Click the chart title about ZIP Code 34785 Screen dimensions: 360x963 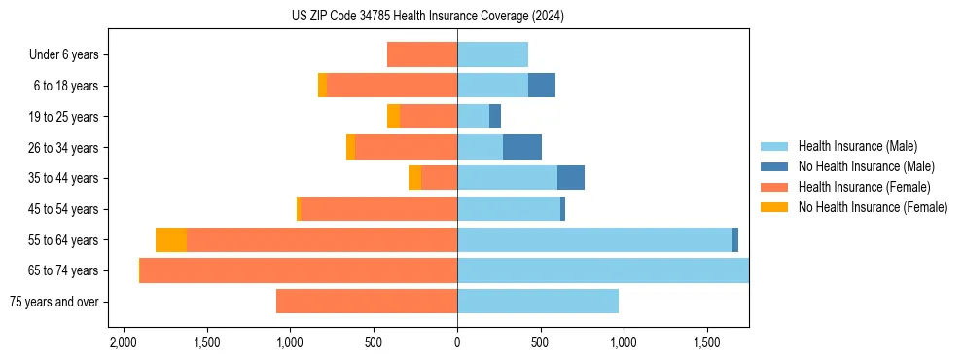point(427,16)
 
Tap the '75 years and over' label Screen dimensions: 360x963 point(53,302)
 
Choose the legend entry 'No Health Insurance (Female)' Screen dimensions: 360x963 point(873,207)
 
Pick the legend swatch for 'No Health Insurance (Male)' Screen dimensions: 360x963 point(774,166)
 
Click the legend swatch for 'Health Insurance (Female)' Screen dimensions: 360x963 point(774,187)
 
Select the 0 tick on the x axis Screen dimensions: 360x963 point(457,342)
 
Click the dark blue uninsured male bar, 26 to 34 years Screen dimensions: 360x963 point(522,147)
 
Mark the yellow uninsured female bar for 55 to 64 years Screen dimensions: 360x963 point(171,239)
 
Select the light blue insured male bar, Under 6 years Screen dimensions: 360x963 point(492,54)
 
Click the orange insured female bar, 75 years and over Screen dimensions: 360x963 point(367,302)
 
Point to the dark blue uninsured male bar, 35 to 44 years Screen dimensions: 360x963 point(571,178)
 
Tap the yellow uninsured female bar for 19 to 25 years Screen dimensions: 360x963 point(393,117)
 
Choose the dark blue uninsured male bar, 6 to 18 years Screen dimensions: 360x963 point(542,86)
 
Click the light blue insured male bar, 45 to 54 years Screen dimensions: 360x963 point(509,209)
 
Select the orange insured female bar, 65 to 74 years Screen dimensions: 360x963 point(299,270)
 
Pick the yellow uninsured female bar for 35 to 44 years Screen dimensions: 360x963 point(414,178)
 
